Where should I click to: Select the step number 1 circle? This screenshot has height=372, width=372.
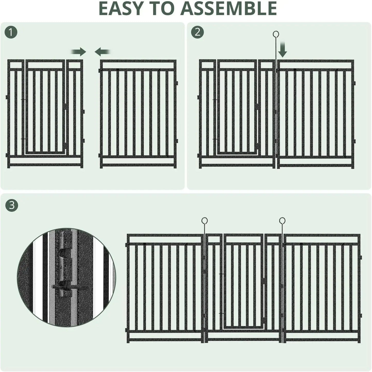(x=11, y=32)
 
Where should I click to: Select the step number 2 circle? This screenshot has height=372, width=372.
(x=197, y=32)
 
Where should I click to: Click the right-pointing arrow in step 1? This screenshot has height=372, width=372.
(x=79, y=52)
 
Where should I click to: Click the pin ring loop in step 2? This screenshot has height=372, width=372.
(x=276, y=34)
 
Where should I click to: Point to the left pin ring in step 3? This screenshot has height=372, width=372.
(x=204, y=221)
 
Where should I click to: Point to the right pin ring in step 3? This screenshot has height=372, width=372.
(x=282, y=221)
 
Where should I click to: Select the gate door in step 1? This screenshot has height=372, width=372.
(x=46, y=108)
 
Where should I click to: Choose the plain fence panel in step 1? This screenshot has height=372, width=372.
(x=138, y=113)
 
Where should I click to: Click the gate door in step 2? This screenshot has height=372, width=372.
(x=237, y=108)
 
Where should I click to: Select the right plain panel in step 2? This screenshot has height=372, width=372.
(x=315, y=113)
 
